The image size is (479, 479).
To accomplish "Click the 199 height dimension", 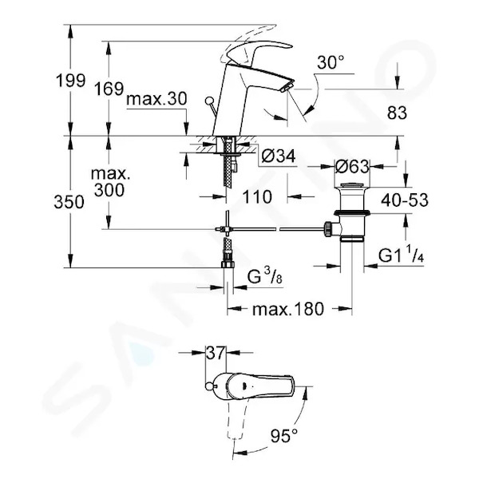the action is [70, 81].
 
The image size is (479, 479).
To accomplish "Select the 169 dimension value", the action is [109, 89].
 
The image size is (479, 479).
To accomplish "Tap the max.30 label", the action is [156, 99].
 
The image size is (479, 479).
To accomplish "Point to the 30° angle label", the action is [331, 62].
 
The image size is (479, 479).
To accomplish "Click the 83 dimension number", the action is [397, 113].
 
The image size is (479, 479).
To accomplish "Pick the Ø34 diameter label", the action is [279, 156].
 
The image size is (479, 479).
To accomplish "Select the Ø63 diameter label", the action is [352, 167].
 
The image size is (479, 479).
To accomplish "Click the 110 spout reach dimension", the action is [257, 196].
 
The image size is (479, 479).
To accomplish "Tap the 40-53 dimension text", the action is [405, 200].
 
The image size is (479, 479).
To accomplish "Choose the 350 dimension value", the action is [69, 202].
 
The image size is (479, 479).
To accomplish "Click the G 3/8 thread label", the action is [265, 277].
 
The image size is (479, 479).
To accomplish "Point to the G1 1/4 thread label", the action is [401, 255].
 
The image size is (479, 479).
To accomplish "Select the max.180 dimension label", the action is [287, 308].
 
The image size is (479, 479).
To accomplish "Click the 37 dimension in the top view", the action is [216, 353].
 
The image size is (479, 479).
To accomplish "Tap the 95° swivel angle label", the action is [283, 435].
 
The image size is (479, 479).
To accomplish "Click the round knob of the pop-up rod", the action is [210, 101].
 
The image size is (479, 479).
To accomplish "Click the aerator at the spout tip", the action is [287, 86].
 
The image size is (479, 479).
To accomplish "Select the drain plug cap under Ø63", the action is [352, 185].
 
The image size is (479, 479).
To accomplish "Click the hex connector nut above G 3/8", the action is [228, 264].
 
